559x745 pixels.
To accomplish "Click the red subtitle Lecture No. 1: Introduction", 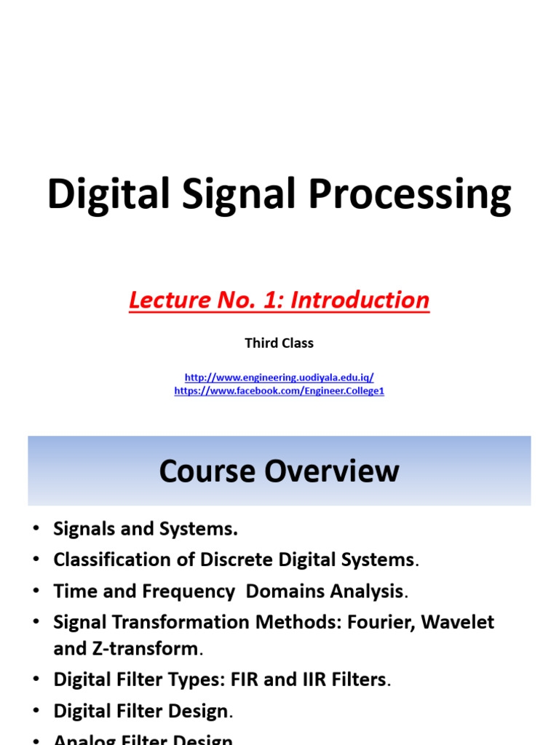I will point(279,300).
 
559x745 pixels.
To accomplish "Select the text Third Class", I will point(279,343).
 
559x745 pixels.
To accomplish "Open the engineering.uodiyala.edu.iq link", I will point(279,378).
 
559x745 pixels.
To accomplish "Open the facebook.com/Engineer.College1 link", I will point(279,391).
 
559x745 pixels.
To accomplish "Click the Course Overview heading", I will point(279,471).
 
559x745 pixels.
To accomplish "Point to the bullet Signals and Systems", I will point(146,529).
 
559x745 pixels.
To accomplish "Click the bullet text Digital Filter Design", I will point(141,712).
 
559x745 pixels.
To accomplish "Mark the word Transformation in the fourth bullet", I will point(175,622).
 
